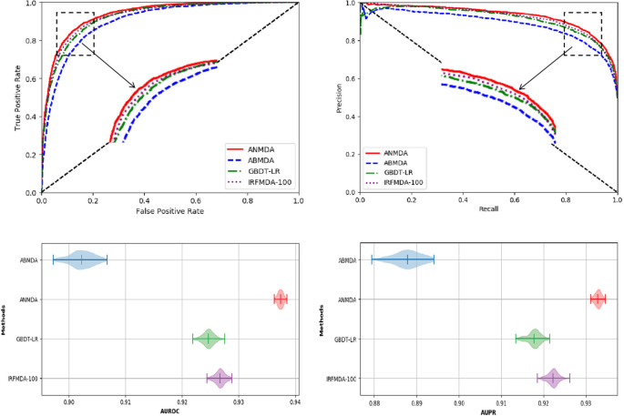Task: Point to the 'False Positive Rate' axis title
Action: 170,212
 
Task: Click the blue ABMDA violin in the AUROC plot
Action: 81,260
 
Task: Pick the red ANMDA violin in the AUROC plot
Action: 281,299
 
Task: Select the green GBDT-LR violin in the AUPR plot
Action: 533,339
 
